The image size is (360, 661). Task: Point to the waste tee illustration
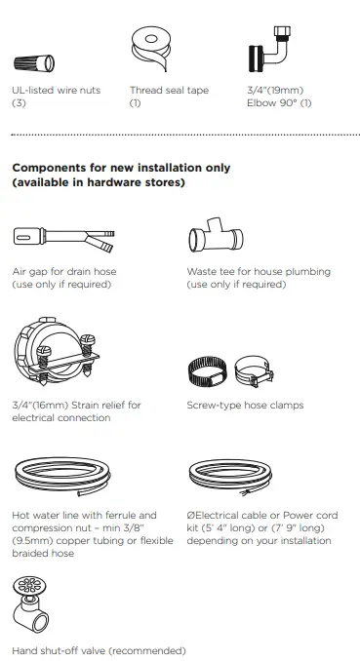tap(219, 238)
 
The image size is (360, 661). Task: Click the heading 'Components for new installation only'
tap(121, 168)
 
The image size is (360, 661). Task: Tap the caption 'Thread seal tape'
tap(169, 91)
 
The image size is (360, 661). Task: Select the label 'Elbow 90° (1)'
tap(278, 103)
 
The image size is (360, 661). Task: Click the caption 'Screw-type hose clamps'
tap(245, 405)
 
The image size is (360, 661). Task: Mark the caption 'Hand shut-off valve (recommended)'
tap(98, 650)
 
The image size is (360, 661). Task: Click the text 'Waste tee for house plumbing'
tap(259, 272)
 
